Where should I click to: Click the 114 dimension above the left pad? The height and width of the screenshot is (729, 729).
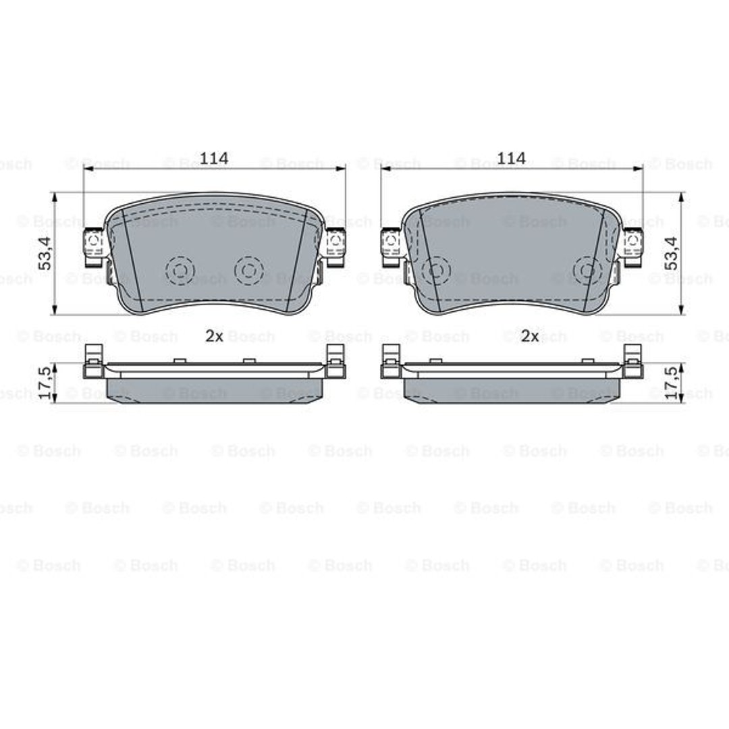pos(215,159)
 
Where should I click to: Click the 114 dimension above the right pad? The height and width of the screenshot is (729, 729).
pos(512,159)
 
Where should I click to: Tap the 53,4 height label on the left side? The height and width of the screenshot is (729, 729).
pos(46,253)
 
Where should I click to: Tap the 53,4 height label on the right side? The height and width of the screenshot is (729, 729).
pos(672,253)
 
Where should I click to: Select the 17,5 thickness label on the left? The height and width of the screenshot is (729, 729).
pos(46,384)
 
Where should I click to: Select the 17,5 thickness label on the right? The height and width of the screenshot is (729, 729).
pos(672,384)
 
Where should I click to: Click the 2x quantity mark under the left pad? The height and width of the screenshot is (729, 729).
pos(215,336)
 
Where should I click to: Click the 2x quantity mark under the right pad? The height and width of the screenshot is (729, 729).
pos(530,336)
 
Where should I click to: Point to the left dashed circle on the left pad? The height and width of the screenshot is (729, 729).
pos(180,270)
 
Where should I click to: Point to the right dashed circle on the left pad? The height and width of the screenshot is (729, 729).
pos(248,270)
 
